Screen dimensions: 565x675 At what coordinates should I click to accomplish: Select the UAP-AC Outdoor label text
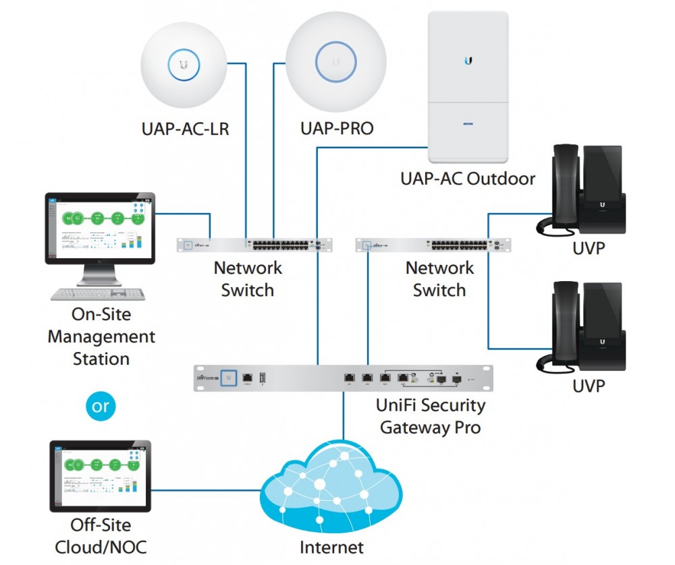(x=468, y=179)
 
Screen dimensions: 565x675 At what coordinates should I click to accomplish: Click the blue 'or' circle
(x=100, y=407)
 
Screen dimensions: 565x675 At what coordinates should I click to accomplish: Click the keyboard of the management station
(x=99, y=295)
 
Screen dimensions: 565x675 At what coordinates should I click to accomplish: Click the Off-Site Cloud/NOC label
(x=100, y=536)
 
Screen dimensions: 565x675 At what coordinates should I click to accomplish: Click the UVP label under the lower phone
(x=589, y=386)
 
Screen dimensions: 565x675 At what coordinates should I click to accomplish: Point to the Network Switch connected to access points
(x=255, y=245)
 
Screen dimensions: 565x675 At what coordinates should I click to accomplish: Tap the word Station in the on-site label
(x=101, y=359)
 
